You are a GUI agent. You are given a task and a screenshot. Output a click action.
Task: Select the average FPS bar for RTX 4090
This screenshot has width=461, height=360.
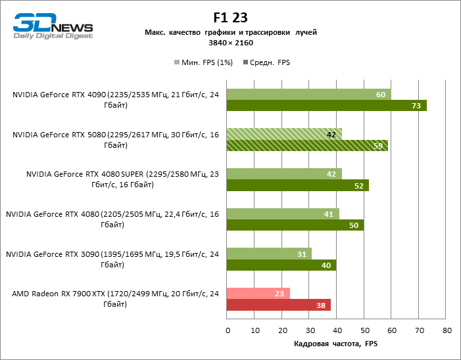point(326,106)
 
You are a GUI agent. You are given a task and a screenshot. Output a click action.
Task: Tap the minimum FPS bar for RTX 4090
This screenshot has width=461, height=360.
point(308,95)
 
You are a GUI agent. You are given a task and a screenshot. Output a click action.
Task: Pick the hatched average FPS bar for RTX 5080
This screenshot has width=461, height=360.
point(306,145)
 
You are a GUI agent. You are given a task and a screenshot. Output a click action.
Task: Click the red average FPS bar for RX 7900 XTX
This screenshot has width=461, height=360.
point(278,305)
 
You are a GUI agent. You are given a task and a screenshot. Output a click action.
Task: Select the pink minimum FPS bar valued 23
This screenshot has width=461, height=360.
point(258,294)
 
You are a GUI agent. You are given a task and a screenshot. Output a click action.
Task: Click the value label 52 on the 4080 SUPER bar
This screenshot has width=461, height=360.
point(359,185)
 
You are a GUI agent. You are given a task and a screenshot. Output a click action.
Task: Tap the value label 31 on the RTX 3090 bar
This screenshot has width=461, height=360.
point(301,254)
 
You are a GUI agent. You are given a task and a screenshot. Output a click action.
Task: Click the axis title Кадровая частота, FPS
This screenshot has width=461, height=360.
point(336,343)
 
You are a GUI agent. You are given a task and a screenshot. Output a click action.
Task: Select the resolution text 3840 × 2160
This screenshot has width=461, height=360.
point(230,43)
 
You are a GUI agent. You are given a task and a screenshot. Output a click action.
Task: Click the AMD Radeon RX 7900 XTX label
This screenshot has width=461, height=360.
point(114,299)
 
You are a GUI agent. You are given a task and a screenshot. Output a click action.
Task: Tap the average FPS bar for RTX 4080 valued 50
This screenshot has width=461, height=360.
point(295,225)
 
